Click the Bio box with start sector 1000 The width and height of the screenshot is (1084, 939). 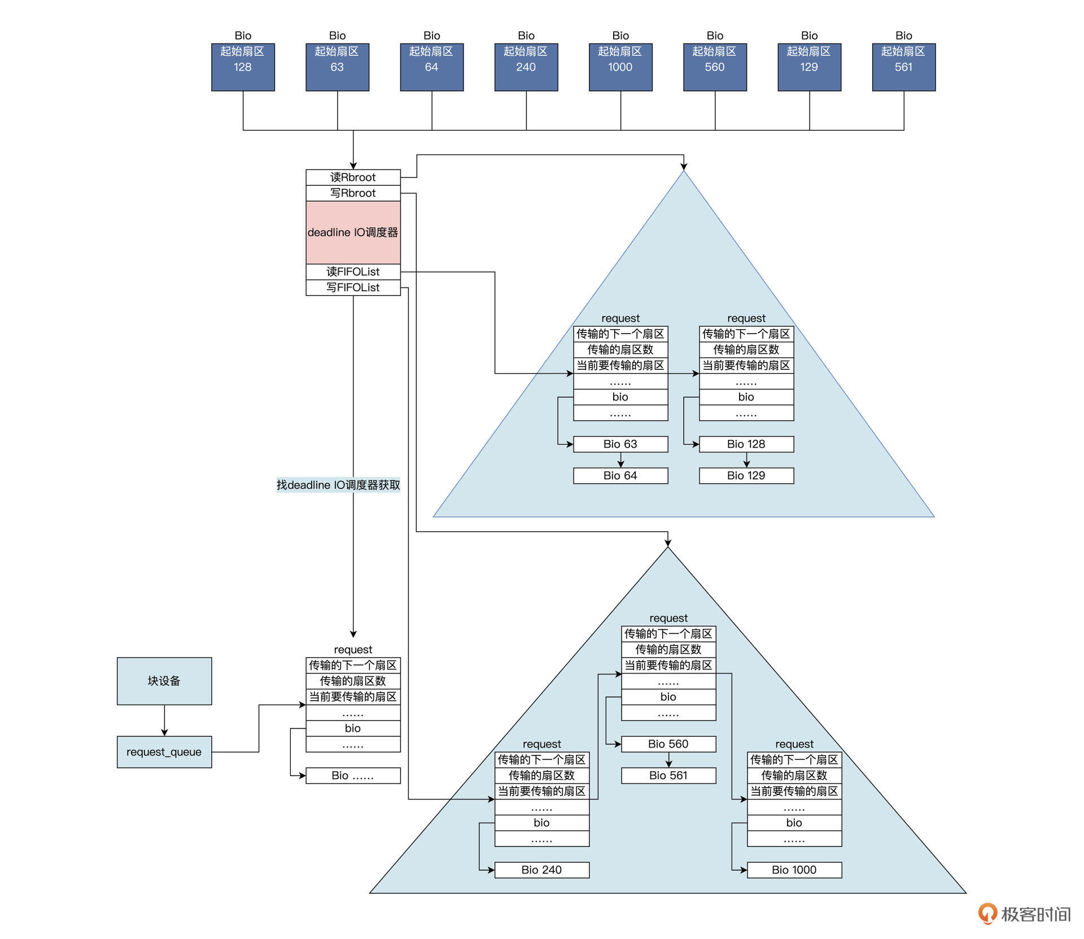(620, 67)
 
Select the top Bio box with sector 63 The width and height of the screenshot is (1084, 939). (337, 67)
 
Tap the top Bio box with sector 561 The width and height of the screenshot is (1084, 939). (903, 67)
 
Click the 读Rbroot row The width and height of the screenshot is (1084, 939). (353, 177)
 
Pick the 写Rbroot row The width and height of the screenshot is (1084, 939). (353, 193)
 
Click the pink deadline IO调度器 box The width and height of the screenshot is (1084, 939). (353, 232)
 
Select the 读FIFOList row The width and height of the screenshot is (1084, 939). (353, 272)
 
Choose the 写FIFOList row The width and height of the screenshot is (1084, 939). (353, 287)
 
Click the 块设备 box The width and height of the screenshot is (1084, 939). (164, 681)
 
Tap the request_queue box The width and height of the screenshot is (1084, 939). (164, 752)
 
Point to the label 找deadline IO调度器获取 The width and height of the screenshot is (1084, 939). (338, 485)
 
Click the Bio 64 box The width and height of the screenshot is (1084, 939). (620, 475)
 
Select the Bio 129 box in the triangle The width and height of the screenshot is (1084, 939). (746, 475)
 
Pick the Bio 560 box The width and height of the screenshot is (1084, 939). (668, 744)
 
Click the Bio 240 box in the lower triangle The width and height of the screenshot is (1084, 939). (542, 870)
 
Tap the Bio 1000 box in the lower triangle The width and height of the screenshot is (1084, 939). (794, 870)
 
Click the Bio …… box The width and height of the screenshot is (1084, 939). (353, 775)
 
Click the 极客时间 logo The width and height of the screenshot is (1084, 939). (1024, 914)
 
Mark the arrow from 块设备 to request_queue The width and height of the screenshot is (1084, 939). (164, 720)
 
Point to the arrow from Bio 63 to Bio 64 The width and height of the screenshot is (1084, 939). (620, 460)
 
